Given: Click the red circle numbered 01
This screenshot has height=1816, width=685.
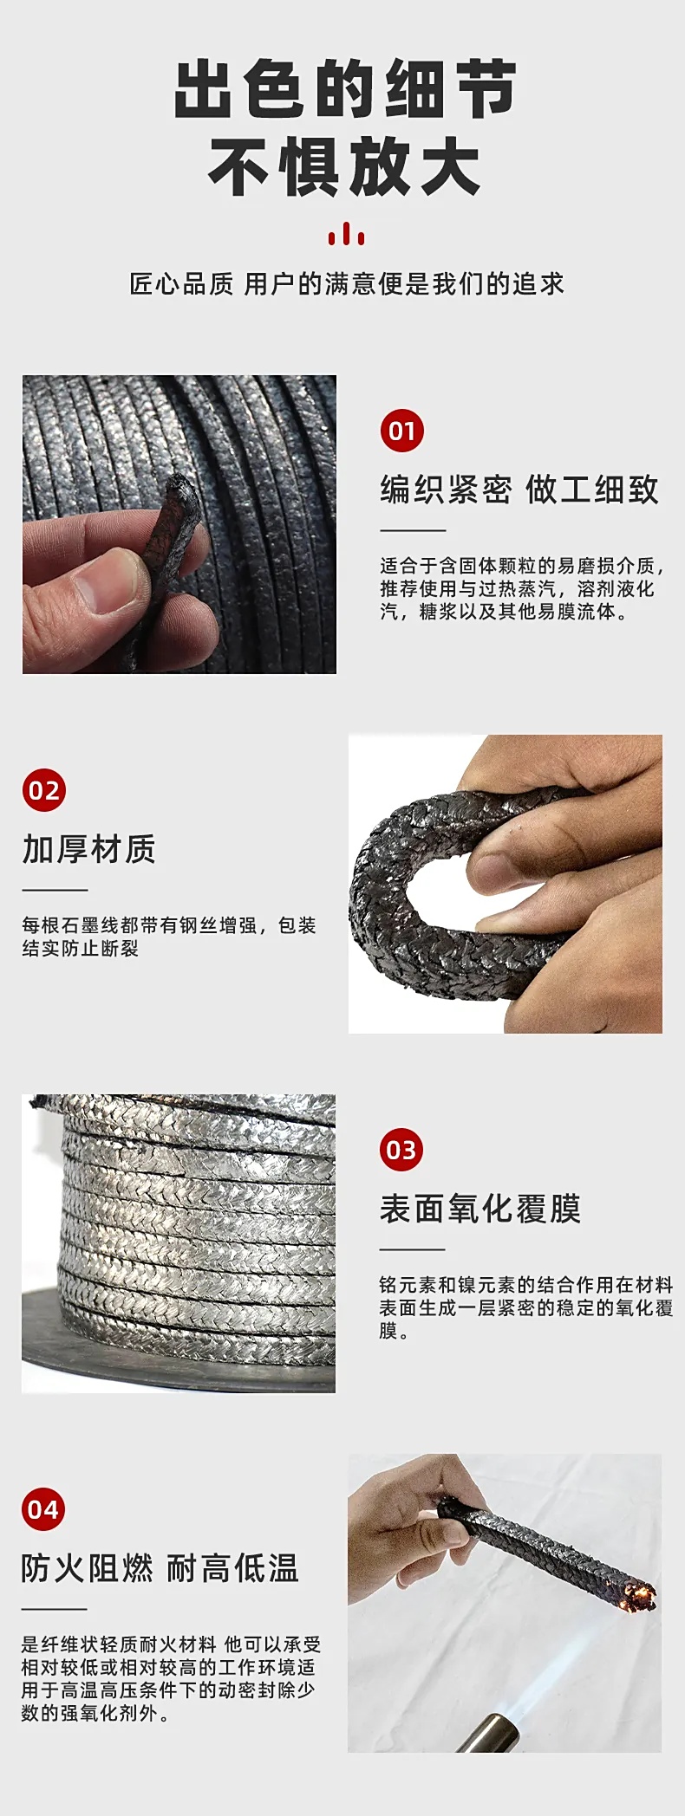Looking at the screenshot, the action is click(x=402, y=431).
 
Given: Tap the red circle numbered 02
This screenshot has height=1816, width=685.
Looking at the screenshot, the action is click(x=44, y=790).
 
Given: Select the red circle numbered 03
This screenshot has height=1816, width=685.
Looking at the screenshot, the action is click(x=401, y=1150).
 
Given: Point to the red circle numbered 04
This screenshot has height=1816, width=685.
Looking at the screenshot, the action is click(x=43, y=1509).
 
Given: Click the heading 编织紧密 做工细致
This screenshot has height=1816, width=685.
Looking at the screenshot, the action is click(x=519, y=490).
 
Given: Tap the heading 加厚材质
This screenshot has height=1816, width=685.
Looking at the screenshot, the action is click(x=89, y=849).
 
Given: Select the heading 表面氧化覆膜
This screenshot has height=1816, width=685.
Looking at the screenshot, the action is click(x=480, y=1209).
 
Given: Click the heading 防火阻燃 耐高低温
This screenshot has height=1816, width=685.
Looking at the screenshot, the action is click(x=160, y=1568).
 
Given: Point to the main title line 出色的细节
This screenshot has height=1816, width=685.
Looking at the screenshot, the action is click(x=345, y=89).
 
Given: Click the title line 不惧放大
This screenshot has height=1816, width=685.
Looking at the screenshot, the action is click(x=344, y=167).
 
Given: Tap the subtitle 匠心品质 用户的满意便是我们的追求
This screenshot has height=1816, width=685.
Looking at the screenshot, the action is click(x=347, y=284).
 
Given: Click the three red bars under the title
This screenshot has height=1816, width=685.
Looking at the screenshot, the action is click(x=346, y=234).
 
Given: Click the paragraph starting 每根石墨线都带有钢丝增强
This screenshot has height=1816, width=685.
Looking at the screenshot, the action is click(x=169, y=937).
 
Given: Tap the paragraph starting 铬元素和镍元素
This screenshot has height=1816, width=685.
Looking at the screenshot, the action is click(x=526, y=1307).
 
